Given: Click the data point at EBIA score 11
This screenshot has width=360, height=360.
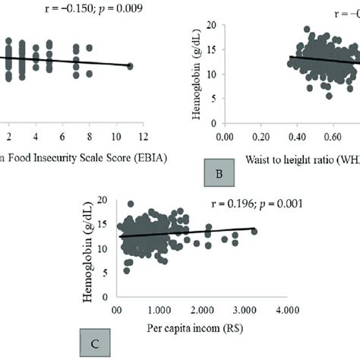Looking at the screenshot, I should [130, 67].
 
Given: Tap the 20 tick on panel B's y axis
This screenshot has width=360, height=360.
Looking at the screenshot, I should [214, 27].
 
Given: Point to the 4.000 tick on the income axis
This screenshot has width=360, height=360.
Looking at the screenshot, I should [286, 311].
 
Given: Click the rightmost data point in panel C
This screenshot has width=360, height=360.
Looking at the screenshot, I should [254, 231].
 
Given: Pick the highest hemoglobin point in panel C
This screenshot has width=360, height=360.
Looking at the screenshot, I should [131, 204].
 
